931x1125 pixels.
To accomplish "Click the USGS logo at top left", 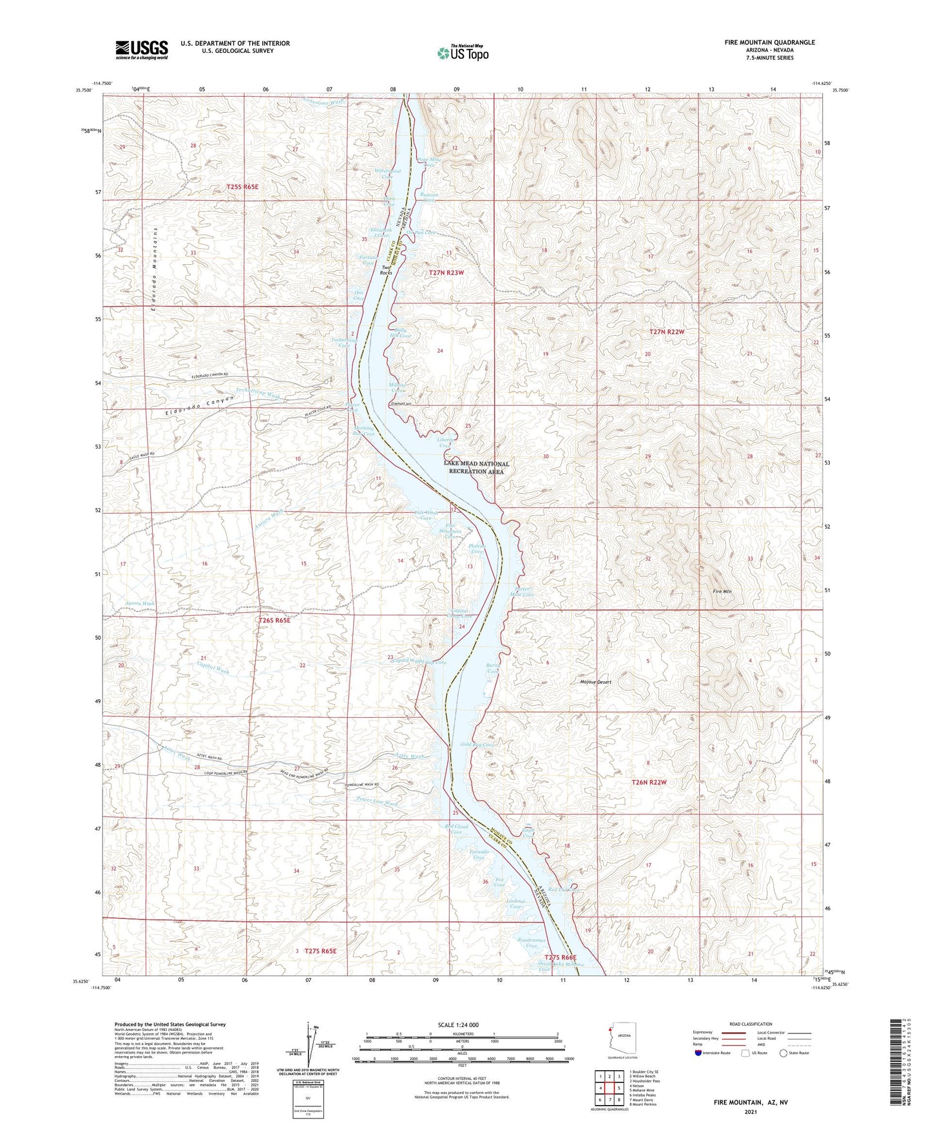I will [x=142, y=50].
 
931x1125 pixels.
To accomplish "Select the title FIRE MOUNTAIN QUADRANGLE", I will [x=769, y=43].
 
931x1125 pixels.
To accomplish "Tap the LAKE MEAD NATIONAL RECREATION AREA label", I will [x=476, y=468].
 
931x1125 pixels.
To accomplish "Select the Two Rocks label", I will [x=386, y=270].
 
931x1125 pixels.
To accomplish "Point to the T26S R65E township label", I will [x=274, y=620].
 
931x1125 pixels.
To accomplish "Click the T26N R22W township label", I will [x=648, y=782].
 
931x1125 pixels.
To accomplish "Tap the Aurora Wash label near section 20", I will [x=140, y=604].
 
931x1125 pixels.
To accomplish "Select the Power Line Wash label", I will [x=377, y=802].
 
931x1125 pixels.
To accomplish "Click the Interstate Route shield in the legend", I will [x=698, y=1053].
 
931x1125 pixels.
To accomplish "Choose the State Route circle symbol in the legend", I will [x=783, y=1053].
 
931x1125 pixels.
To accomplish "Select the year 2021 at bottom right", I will [x=750, y=1112].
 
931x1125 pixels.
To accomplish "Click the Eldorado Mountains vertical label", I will [x=155, y=269].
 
